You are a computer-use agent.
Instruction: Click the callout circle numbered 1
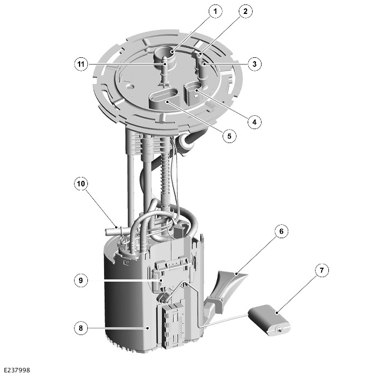point(215,11)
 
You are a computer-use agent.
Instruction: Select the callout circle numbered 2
point(245,11)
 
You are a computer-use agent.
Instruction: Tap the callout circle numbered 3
point(254,64)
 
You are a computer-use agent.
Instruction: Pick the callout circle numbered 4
point(254,122)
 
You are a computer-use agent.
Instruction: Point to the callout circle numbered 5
point(229,136)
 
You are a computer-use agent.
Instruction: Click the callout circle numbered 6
point(281,231)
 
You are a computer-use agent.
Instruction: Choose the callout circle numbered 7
point(322,270)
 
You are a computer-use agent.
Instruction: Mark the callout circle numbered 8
point(81,328)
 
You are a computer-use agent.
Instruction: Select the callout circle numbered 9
point(81,280)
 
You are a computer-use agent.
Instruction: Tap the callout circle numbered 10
point(81,184)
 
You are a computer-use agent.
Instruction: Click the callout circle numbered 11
point(81,64)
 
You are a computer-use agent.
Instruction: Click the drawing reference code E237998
point(17,370)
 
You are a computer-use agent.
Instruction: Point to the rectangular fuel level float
point(269,321)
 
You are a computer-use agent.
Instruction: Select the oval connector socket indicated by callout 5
point(164,97)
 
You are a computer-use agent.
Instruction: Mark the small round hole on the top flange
point(130,86)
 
